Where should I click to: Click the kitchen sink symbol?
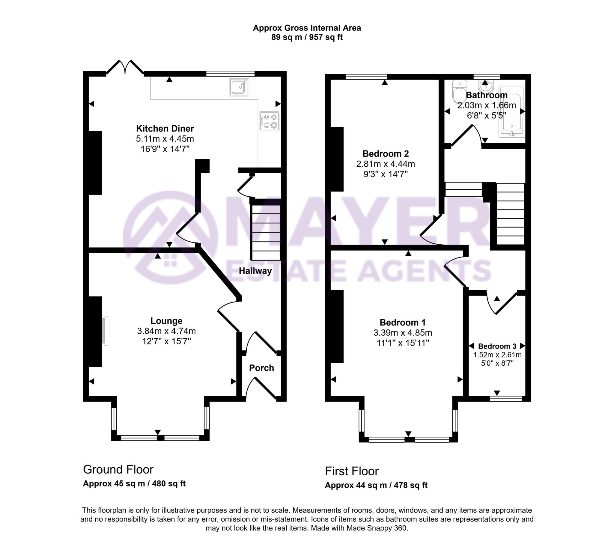(239, 87)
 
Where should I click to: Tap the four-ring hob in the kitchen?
(270, 121)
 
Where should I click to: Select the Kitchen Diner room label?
(165, 129)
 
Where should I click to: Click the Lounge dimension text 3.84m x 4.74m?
(166, 331)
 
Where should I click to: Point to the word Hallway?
(255, 271)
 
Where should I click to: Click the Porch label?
(261, 368)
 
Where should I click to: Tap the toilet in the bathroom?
(459, 91)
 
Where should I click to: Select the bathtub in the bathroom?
(512, 111)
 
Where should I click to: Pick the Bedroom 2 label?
(386, 154)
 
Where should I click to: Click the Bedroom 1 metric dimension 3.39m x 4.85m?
(403, 333)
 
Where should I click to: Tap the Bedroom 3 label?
(497, 346)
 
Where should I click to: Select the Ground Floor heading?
(118, 469)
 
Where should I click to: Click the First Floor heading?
(352, 471)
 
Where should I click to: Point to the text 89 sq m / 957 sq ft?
(307, 37)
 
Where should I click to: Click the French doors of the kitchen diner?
(125, 67)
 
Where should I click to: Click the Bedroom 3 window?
(506, 399)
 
